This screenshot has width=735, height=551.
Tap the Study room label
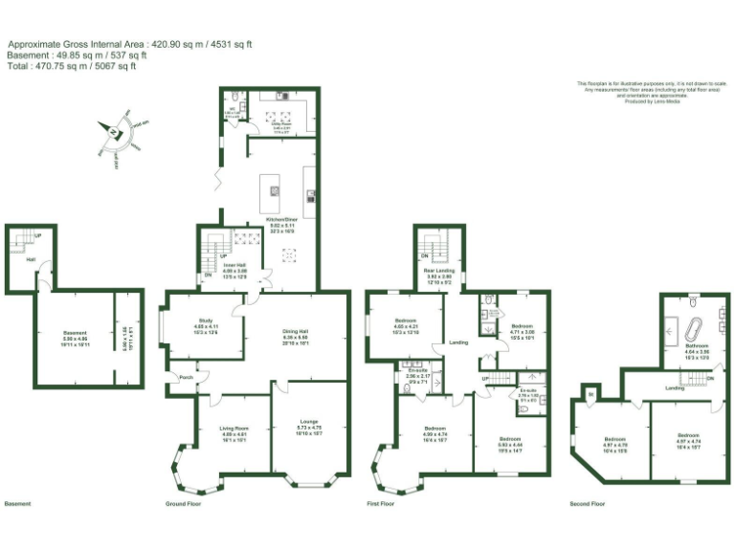point(205,320)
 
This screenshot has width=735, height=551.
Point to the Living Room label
point(234,431)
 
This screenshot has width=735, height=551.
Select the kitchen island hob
point(275,189)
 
